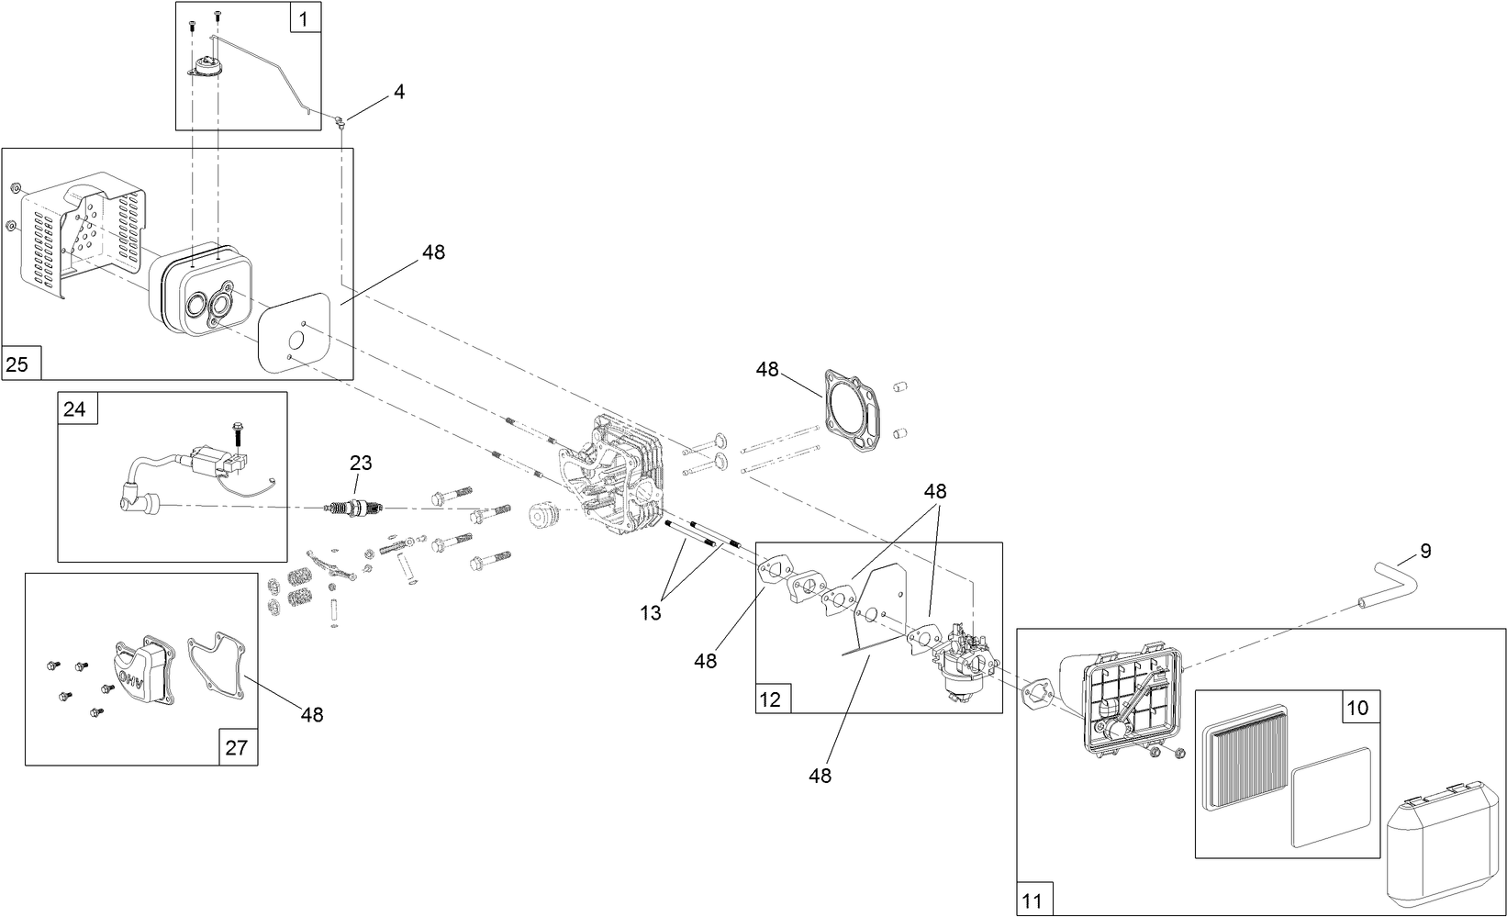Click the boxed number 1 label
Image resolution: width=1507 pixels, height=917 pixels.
click(305, 17)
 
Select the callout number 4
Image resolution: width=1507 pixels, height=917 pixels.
click(399, 92)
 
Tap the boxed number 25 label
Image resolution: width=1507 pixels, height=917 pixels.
click(17, 364)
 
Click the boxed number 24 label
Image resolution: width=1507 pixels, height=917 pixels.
click(74, 408)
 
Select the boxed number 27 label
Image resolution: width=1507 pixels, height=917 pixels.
click(237, 747)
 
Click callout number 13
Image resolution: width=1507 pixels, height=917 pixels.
click(651, 614)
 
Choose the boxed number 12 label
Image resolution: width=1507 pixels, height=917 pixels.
click(770, 699)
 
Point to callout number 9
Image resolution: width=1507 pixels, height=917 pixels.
click(1425, 551)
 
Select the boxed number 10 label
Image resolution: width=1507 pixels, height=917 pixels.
click(1357, 708)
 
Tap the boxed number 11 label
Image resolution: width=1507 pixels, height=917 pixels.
click(1033, 901)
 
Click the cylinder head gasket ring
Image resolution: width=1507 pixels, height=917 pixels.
click(853, 413)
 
